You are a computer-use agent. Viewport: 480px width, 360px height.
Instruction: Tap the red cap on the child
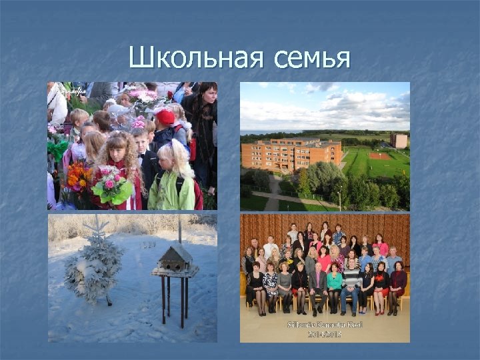165,117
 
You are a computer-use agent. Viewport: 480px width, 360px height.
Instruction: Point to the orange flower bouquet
78,177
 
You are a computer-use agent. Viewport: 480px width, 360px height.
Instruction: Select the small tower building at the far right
399,140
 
